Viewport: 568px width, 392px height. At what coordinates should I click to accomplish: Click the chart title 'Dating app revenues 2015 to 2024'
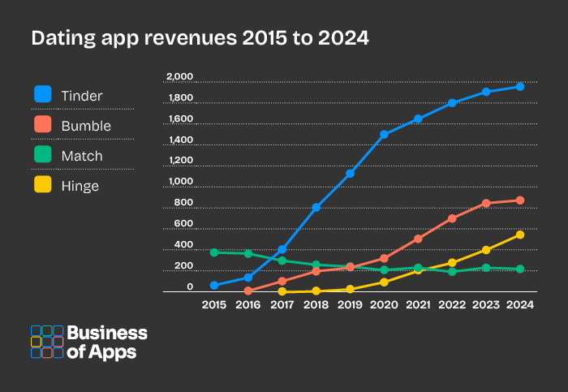coord(200,38)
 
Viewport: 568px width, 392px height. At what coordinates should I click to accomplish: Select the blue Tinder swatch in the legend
coord(43,95)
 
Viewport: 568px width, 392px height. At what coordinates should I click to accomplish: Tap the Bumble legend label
coord(86,126)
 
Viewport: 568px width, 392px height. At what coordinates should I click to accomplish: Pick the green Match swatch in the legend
coord(43,155)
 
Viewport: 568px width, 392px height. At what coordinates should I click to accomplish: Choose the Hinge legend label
coord(80,186)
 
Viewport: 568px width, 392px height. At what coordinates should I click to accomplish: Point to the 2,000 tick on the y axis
coord(179,77)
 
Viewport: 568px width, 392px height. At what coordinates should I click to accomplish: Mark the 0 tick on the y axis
coord(190,286)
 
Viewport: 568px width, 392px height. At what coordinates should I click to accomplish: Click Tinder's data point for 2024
coord(520,86)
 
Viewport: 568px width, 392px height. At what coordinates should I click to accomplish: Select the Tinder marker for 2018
coord(316,208)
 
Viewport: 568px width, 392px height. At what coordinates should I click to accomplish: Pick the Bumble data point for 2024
coord(520,200)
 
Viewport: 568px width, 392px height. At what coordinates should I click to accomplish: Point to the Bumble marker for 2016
coord(248,291)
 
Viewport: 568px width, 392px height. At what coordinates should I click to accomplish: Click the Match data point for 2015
coord(214,252)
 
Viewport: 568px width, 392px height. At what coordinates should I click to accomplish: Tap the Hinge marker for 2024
coord(520,235)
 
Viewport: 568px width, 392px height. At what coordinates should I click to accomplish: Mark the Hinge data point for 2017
coord(282,291)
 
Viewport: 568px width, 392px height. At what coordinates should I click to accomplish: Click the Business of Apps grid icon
coord(46,342)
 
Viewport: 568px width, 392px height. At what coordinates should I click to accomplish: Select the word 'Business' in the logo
coord(106,333)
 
